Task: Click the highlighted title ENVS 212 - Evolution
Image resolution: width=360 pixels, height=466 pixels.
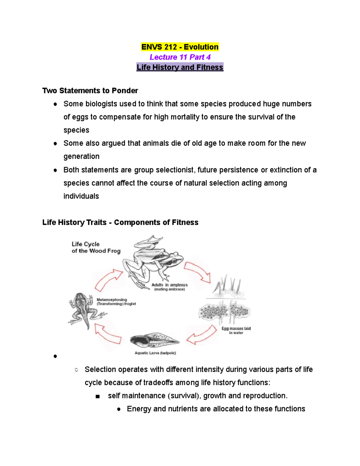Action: coord(180,47)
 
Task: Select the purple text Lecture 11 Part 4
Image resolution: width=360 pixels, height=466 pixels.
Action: coord(180,57)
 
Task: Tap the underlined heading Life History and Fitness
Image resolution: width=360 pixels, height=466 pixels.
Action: coord(180,67)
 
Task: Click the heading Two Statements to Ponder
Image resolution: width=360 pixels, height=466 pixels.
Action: coord(90,91)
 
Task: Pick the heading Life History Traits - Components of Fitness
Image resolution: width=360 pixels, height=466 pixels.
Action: coord(120,222)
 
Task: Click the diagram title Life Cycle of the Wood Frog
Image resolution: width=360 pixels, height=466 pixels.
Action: coord(96,248)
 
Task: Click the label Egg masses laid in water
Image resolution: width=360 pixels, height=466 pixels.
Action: coord(236,330)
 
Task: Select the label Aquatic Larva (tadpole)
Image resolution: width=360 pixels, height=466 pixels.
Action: coord(155,353)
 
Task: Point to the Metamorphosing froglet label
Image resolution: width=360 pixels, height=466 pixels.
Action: coord(116,302)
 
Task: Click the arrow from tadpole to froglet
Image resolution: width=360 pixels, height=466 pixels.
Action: coord(107,334)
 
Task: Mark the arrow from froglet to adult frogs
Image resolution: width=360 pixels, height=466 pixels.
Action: coord(108,279)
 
